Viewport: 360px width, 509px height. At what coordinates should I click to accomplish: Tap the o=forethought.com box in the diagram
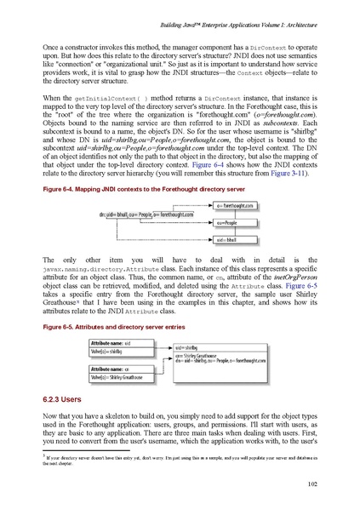click(231, 206)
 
